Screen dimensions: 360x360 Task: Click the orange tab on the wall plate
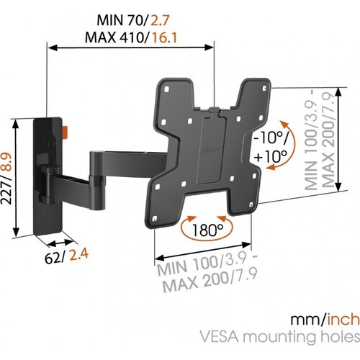[x=66, y=130]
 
